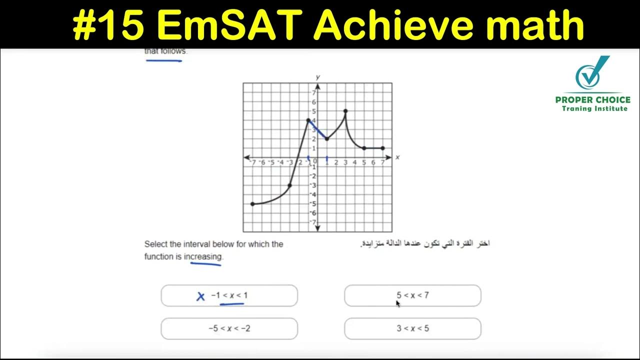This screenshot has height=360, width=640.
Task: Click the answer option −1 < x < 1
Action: (229, 295)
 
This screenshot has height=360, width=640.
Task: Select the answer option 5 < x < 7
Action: (412, 295)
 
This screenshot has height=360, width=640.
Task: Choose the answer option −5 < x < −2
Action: (229, 328)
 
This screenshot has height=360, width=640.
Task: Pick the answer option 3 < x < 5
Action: (412, 328)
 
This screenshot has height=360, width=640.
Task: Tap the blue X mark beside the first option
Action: (200, 296)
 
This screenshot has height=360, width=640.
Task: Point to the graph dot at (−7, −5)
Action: (252, 204)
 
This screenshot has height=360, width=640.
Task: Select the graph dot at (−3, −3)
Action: (289, 185)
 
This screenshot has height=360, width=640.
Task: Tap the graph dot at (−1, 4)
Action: (308, 120)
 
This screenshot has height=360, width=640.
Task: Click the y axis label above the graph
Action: (317, 77)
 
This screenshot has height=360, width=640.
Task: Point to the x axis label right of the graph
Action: (397, 157)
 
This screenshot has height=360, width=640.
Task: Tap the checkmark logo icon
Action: (592, 74)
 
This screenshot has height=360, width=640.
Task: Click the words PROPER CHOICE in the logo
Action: (593, 99)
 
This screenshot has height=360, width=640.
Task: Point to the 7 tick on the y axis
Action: (314, 93)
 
